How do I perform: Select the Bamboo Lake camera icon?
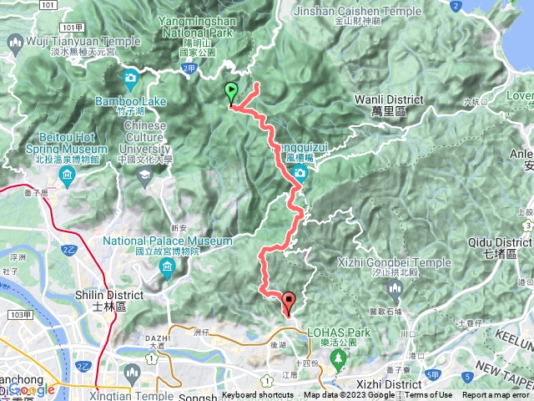point(131,79)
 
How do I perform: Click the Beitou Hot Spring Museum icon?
point(68,174)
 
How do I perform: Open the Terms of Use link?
point(429,395)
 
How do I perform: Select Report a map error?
point(496,395)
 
